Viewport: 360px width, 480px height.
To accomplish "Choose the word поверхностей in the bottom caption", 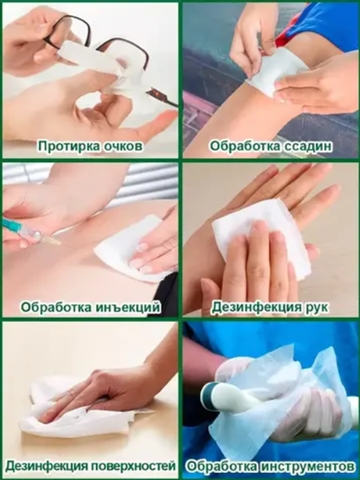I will tap(123, 466).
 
